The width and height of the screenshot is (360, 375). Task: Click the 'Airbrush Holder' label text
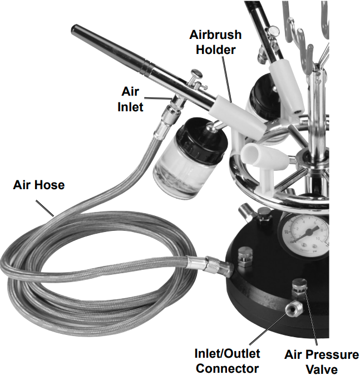pos(215,42)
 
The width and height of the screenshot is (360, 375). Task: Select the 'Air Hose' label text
pos(38,185)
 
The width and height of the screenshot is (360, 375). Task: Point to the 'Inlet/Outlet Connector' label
pos(227,361)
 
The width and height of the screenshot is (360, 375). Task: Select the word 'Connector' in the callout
pos(227,368)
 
